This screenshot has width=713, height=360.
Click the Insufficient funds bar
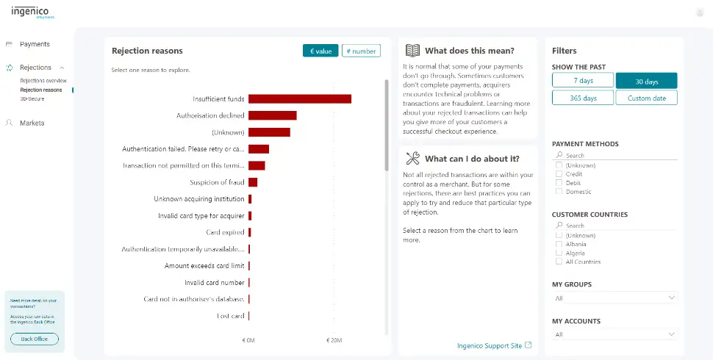(299, 99)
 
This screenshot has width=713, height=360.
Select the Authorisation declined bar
(272, 115)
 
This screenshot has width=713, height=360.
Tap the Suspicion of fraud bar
(253, 182)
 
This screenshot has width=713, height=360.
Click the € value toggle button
(320, 51)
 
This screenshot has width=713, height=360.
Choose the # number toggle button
(361, 51)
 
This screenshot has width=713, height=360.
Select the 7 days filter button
(583, 80)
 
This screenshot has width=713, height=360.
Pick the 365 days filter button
(583, 98)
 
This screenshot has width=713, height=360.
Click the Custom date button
(646, 98)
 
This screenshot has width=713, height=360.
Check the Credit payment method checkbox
(559, 174)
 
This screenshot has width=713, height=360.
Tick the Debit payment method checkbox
(559, 183)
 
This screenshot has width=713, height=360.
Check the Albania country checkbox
(559, 244)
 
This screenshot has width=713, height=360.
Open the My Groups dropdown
(614, 298)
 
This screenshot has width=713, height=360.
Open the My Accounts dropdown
(614, 334)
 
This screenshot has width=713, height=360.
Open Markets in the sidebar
(32, 123)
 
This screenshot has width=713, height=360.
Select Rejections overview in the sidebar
(43, 80)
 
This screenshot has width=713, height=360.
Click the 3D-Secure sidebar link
(33, 98)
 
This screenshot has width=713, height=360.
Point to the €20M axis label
(334, 341)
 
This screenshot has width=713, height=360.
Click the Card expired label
(225, 232)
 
